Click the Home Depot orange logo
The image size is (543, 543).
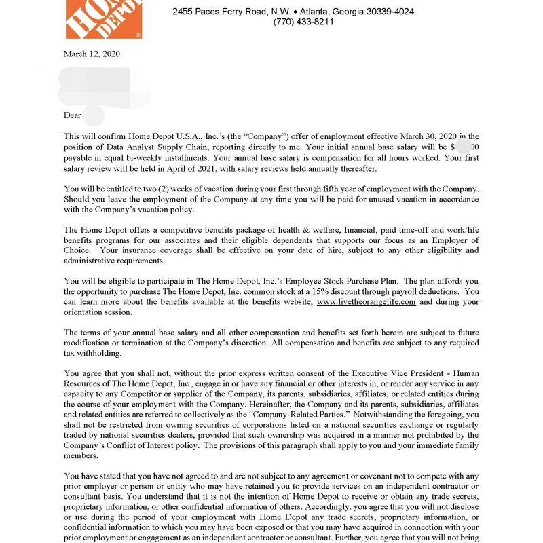(103, 18)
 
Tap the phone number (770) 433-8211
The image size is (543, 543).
(303, 22)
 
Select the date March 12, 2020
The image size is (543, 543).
(92, 54)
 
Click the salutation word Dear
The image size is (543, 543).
(72, 115)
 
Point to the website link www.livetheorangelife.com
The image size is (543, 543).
(366, 302)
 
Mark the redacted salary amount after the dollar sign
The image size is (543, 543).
(465, 147)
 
